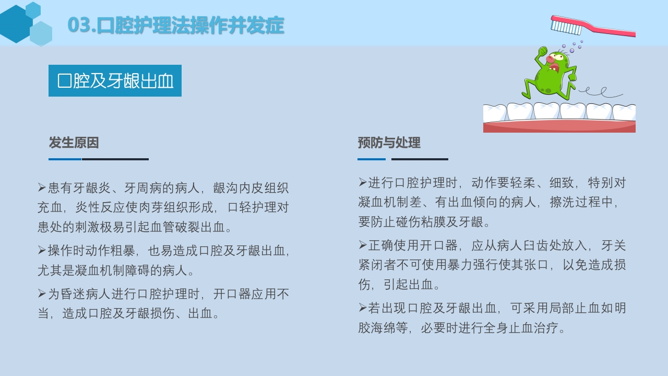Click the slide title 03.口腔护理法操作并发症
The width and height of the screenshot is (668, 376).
click(176, 25)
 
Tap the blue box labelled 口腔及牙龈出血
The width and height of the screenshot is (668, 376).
click(115, 81)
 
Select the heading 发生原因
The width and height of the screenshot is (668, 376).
click(74, 143)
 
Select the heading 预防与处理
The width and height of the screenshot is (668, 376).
click(389, 143)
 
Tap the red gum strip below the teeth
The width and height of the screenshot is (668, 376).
click(559, 127)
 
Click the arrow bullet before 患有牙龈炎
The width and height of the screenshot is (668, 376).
click(42, 187)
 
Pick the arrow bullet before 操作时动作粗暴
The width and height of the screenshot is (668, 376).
click(42, 251)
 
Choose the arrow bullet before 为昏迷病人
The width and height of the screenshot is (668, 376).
click(42, 293)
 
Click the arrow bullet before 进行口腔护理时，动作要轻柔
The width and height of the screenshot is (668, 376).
click(362, 182)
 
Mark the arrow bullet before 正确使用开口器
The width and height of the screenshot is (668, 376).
click(362, 245)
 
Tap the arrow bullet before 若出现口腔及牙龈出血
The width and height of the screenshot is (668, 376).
click(362, 308)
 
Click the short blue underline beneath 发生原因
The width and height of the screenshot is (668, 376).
click(65, 159)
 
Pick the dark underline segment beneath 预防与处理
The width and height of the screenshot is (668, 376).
click(420, 159)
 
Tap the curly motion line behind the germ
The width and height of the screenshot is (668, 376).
click(600, 93)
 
